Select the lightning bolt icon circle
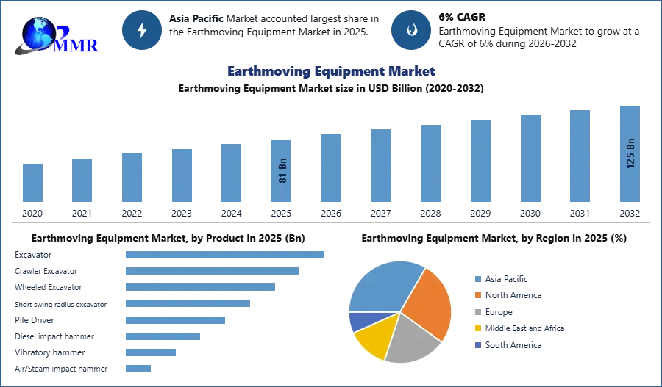pos(142,30)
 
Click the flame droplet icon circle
pos(411,30)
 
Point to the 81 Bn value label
pos(282,171)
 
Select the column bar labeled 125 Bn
pos(630,155)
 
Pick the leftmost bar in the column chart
pos(32,182)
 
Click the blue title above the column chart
pos(330,71)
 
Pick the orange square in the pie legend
pos(477,295)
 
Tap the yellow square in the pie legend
pos(477,329)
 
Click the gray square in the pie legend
pos(477,312)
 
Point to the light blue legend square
pos(477,278)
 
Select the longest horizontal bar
pos(226,253)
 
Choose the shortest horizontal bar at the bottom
pos(138,369)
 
